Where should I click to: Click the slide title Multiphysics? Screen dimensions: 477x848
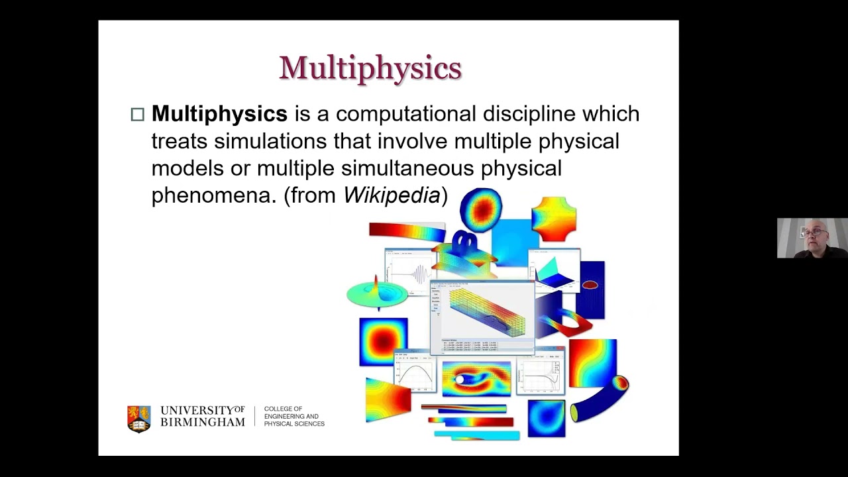[370, 68]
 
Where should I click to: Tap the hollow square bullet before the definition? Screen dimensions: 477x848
[137, 115]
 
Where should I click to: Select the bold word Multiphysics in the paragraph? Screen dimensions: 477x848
[219, 114]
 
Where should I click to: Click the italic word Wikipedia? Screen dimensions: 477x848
[392, 195]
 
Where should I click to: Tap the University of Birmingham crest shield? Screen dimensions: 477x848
[138, 419]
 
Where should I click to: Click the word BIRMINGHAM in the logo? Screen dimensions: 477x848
[203, 422]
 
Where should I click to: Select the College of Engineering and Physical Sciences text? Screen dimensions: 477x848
[294, 417]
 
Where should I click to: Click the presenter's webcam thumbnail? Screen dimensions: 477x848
[812, 238]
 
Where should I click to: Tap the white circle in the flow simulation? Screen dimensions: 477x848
[459, 380]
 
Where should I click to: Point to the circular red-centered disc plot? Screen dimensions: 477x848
[481, 209]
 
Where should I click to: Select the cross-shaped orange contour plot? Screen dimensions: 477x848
[553, 219]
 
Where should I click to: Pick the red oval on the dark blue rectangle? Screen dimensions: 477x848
[590, 286]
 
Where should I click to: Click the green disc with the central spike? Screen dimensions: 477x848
[377, 293]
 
